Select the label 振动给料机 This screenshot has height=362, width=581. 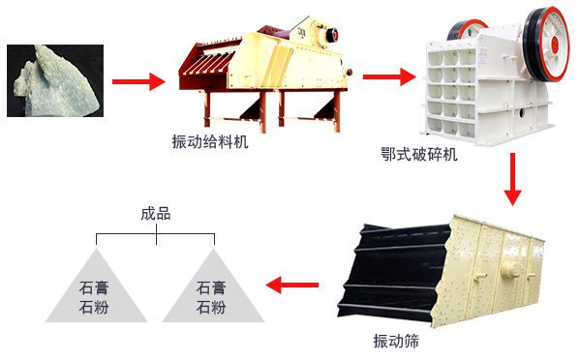[x=209, y=141]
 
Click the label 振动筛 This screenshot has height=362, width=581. [x=397, y=341]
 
